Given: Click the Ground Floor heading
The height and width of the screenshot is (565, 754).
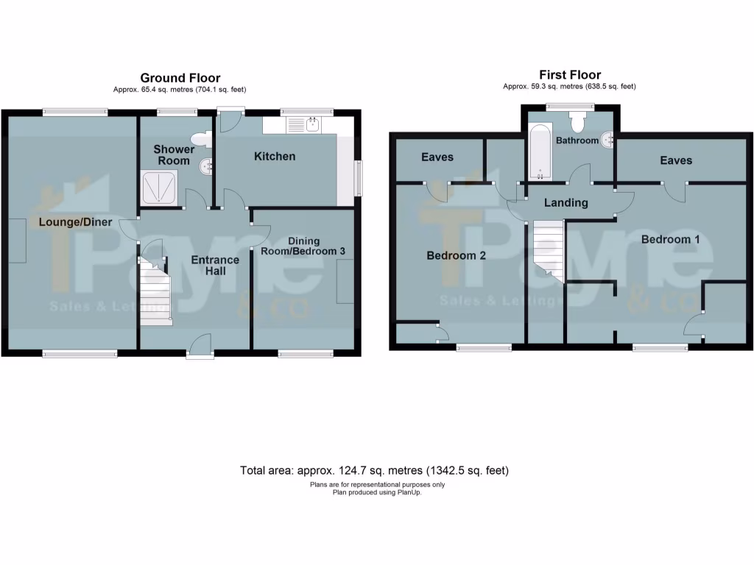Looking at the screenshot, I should click(x=180, y=78).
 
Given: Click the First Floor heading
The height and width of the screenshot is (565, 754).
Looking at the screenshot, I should click(x=569, y=75).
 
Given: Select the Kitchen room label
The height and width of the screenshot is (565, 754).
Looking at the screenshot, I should click(x=275, y=156).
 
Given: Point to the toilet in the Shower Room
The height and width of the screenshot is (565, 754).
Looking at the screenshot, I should click(x=200, y=139).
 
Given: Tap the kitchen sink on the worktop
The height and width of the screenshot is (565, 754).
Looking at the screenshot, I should click(x=301, y=126).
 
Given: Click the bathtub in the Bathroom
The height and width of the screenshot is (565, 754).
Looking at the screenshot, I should click(x=540, y=152).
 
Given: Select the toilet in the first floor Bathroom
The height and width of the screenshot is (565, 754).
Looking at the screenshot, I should click(x=577, y=121).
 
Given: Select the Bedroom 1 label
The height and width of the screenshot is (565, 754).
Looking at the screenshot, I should click(x=670, y=239).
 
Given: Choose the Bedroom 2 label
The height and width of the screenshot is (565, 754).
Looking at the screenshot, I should click(x=457, y=256).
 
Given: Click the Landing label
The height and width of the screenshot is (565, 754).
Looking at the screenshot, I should click(x=566, y=202).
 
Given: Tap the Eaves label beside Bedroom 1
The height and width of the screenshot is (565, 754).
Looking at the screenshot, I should click(x=676, y=160).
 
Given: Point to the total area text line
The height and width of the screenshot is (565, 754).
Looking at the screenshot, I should click(x=375, y=470).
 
